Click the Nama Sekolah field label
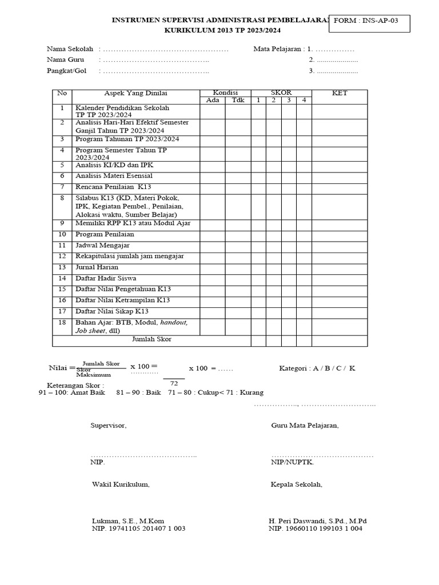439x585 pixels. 70,49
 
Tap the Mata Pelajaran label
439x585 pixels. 277,49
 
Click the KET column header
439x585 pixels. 340,93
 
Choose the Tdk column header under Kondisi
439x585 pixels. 238,101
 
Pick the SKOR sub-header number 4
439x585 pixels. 304,101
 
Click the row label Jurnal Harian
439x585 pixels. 97,267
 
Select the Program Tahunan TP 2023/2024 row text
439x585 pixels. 127,139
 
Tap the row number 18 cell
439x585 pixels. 62,323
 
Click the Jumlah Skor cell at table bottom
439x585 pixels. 151,339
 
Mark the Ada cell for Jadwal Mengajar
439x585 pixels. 212,245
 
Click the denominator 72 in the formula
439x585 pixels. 174,383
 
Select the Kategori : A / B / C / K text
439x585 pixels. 317,368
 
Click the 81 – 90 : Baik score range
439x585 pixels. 138,393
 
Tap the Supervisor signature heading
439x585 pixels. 109,426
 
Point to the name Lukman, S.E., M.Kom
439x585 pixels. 128,521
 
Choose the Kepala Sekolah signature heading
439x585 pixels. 296,484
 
